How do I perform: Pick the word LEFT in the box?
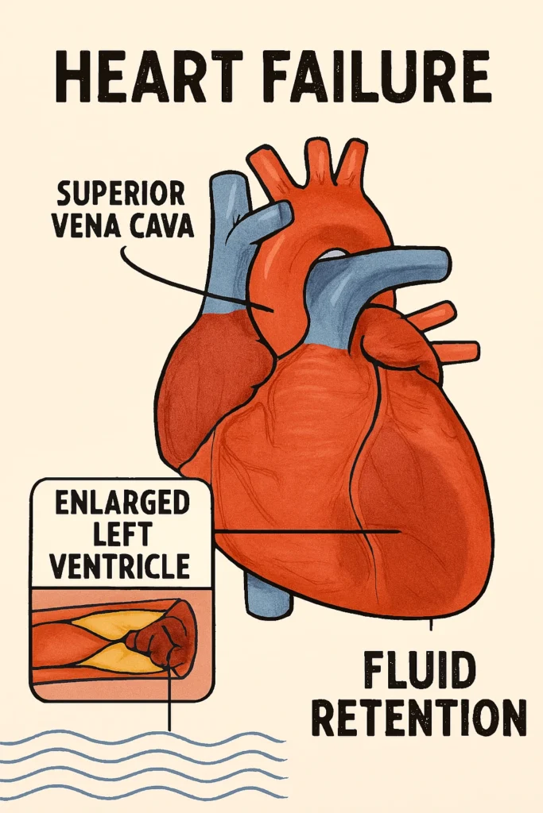point(122,534)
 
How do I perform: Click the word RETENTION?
point(418,717)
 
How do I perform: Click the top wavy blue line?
point(143,738)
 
